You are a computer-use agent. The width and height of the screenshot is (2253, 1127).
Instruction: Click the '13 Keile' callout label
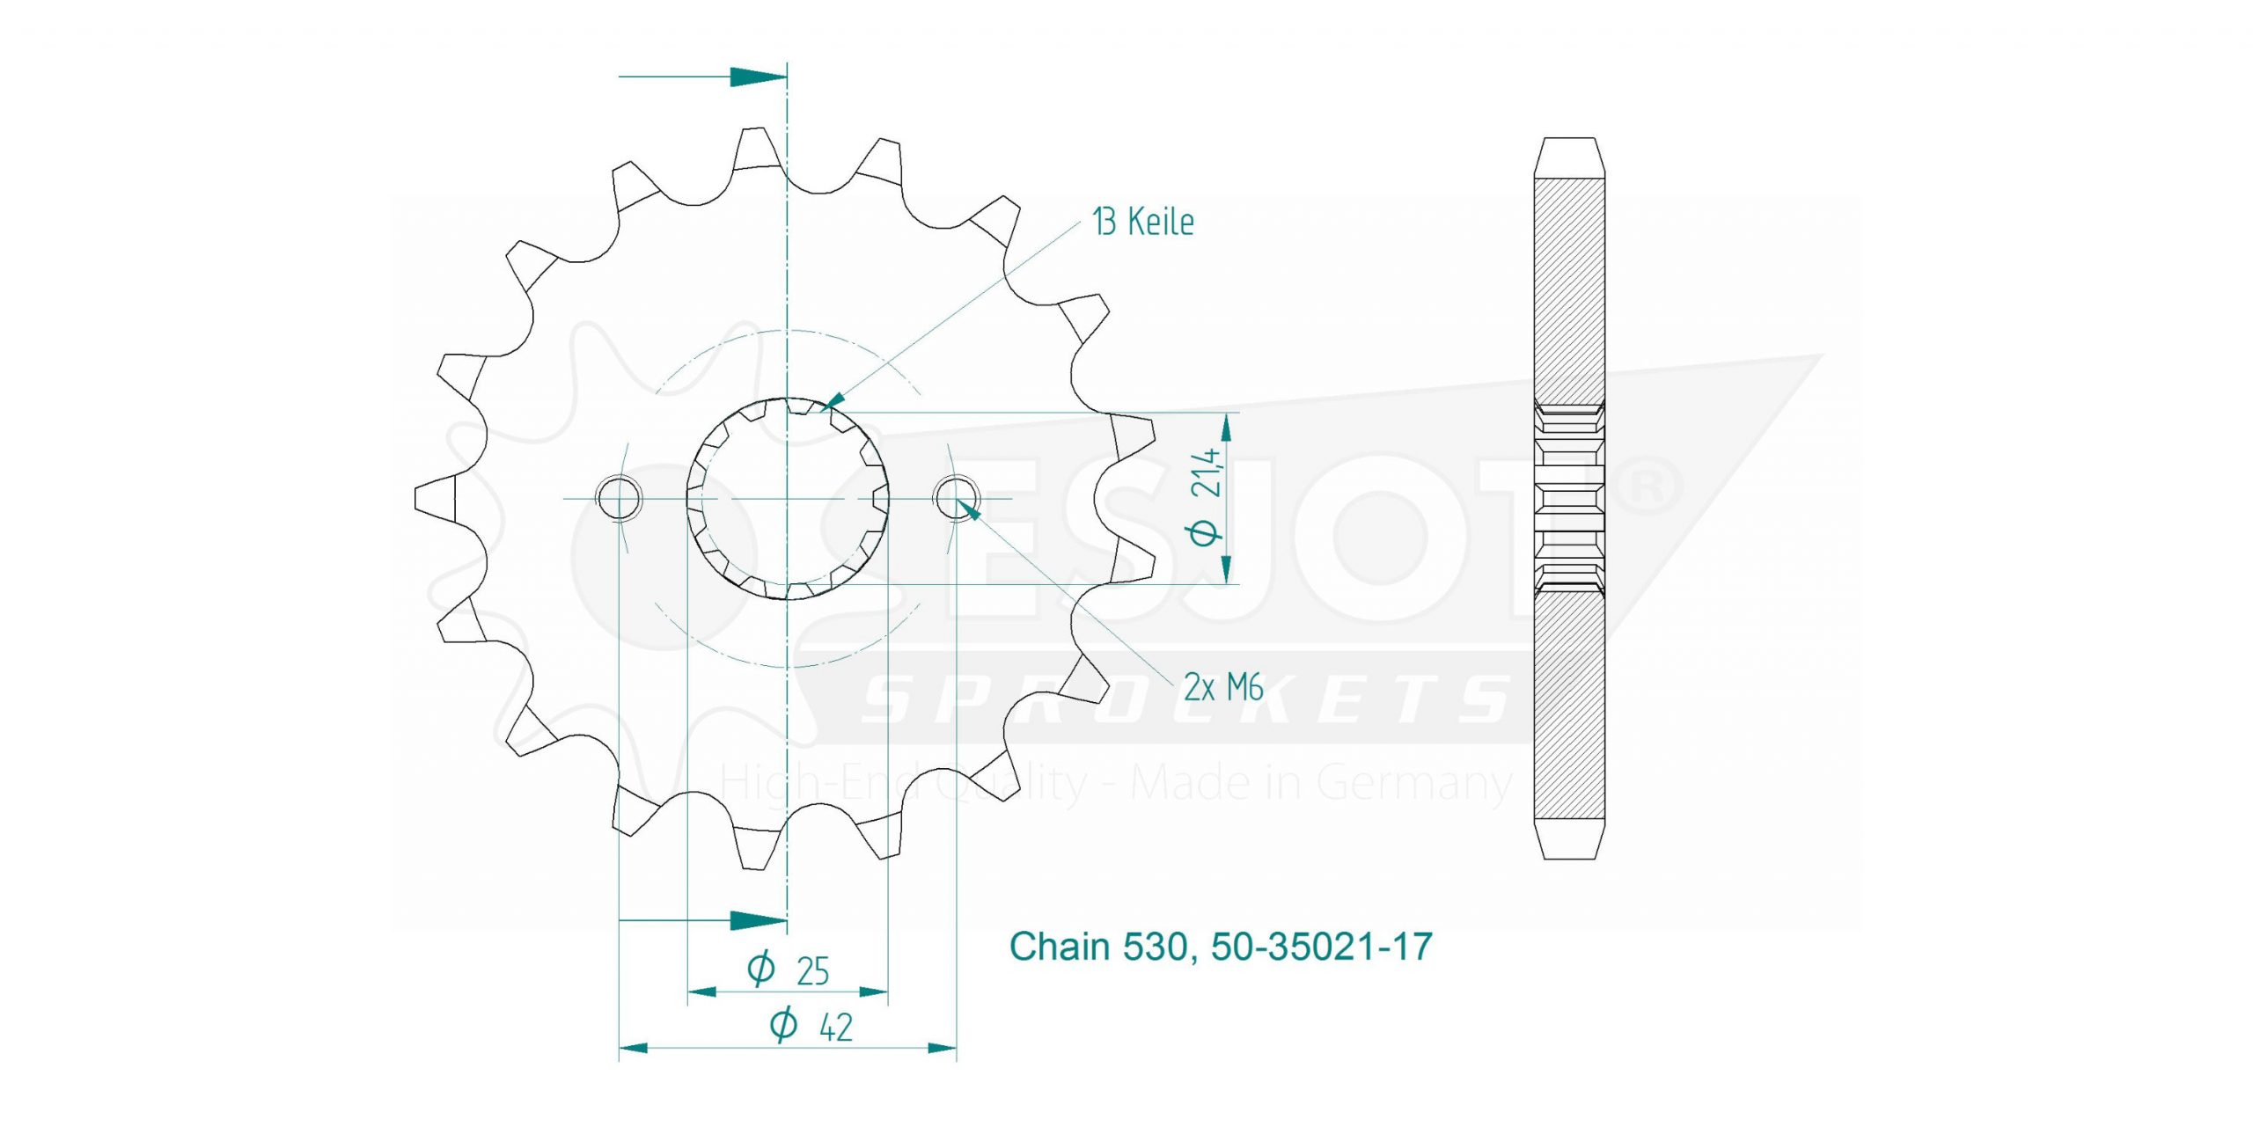click(x=1142, y=222)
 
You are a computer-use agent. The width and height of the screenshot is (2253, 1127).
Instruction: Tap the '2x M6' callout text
click(x=1223, y=686)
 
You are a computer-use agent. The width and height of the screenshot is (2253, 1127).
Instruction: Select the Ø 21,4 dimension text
click(x=1207, y=497)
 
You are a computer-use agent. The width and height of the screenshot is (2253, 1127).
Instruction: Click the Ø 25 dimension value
click(x=789, y=970)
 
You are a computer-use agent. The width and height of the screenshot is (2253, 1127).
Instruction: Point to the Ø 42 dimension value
click(x=811, y=1026)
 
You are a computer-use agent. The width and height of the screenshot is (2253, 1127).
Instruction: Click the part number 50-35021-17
click(x=1322, y=947)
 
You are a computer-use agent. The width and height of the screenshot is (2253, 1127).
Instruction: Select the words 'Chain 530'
click(x=1103, y=947)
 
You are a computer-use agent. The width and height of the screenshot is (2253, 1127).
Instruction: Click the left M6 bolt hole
click(x=620, y=499)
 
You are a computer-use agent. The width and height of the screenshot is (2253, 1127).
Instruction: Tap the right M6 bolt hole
click(x=957, y=499)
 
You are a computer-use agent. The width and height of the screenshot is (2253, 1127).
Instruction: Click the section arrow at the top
click(x=702, y=77)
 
